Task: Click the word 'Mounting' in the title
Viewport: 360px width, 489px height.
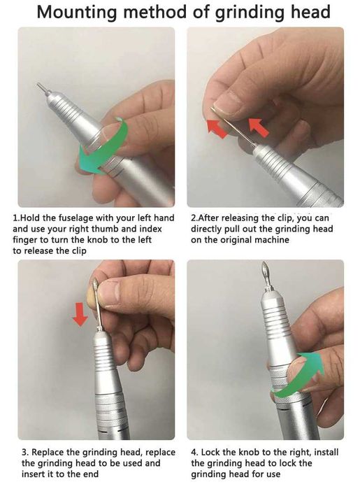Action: tap(78, 13)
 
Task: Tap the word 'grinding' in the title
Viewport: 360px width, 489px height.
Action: tap(250, 13)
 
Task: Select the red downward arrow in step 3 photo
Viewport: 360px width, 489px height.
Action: tap(80, 314)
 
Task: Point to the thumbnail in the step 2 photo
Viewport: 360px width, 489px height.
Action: tap(230, 104)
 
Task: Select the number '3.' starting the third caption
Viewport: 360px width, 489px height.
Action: tap(25, 452)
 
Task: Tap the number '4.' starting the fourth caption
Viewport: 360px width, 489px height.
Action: tap(194, 452)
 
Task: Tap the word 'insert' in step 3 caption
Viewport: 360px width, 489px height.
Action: tap(34, 474)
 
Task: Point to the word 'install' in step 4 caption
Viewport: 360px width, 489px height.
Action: tap(326, 452)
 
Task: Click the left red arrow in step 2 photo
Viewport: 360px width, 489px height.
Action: tap(217, 128)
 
